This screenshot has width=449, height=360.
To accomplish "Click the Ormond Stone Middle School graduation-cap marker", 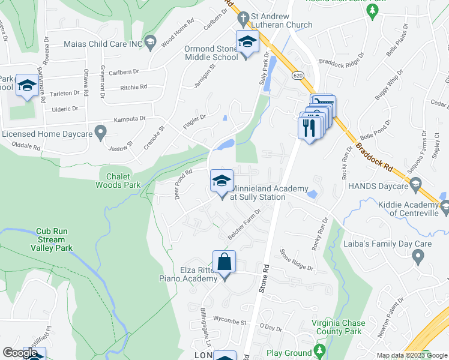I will click(x=246, y=43).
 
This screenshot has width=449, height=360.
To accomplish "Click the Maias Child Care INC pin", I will click(x=150, y=41).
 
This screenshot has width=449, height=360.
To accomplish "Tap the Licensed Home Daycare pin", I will click(x=101, y=131).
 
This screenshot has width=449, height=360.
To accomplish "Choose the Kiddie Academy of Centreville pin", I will click(x=445, y=208).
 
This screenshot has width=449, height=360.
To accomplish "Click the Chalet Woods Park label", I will click(x=118, y=181).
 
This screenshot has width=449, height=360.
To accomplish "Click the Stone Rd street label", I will click(x=265, y=279).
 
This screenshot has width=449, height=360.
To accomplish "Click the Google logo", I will click(x=20, y=353).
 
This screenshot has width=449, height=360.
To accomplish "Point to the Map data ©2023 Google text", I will click(x=411, y=355).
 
